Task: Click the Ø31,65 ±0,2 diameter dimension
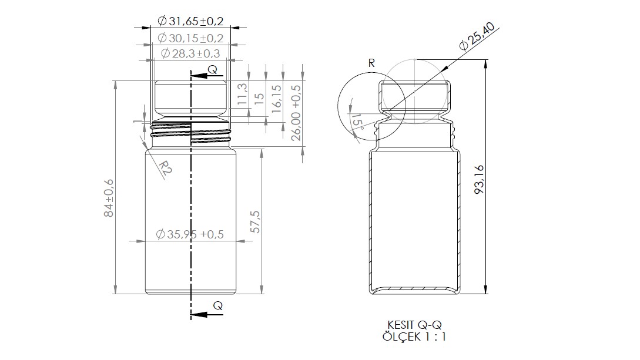pos(190,21)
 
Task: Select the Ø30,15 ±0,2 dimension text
pos(190,38)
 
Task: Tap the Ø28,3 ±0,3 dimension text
pos(190,53)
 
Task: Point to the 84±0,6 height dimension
pos(109,198)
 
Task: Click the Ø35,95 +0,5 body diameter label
pos(190,234)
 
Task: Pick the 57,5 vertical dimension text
pos(255,222)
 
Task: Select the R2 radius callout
pos(164,169)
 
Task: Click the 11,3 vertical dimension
pos(242,93)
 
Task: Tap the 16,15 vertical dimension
pos(276,99)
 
